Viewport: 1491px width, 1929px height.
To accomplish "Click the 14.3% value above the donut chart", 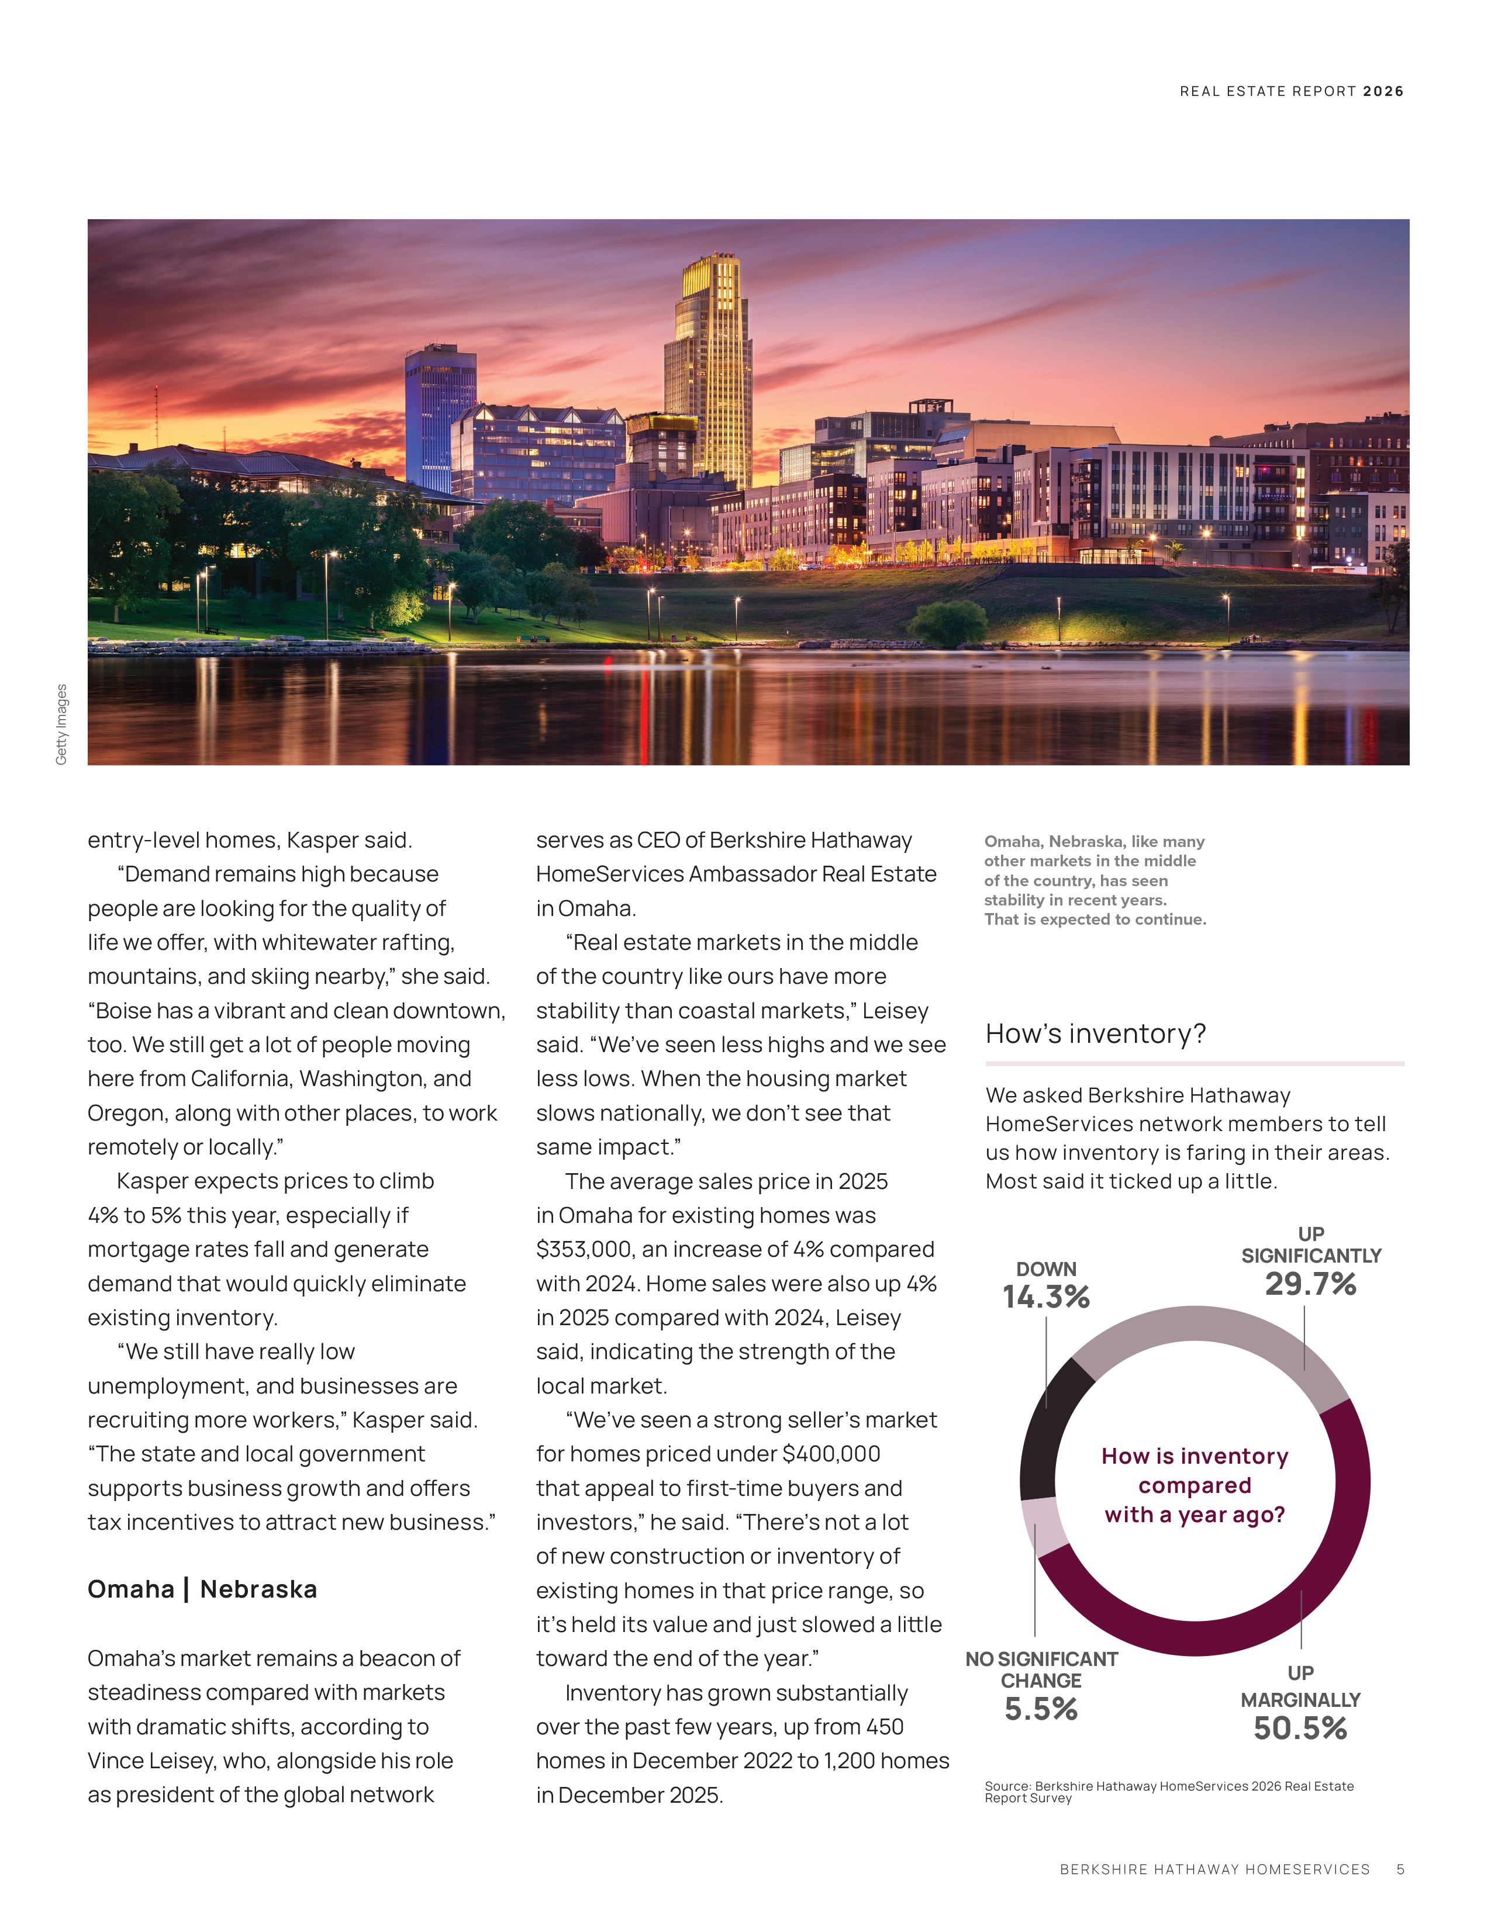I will [x=1046, y=1297].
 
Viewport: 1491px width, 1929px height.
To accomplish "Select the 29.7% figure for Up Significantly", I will [x=1310, y=1283].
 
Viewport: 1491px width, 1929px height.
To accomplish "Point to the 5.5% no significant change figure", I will [x=1041, y=1708].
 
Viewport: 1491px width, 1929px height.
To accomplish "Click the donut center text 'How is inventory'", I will [x=1194, y=1456].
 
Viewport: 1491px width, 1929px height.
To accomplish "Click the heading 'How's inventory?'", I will [x=1095, y=1033].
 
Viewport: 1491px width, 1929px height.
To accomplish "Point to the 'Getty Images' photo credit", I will [x=61, y=724].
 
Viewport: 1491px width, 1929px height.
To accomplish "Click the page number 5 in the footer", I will [x=1400, y=1869].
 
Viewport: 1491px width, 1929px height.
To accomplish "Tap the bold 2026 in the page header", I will [x=1383, y=91].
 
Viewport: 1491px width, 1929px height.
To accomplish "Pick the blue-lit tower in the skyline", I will [x=439, y=415].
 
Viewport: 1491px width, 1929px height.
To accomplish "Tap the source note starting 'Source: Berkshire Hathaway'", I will [x=1169, y=1791].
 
